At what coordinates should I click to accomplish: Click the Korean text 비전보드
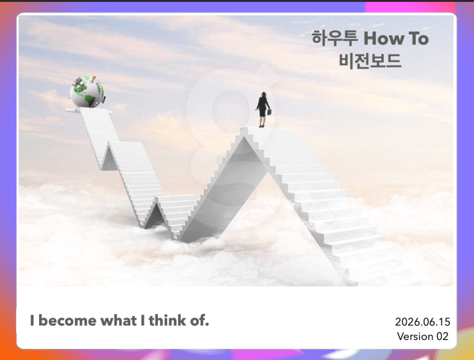click(x=370, y=60)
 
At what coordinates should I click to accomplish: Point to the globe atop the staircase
click(x=87, y=92)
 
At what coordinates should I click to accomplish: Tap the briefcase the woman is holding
click(x=269, y=112)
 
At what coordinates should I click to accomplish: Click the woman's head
click(x=264, y=95)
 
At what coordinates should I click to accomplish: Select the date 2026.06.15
click(x=423, y=322)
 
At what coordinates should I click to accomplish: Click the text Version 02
click(x=423, y=336)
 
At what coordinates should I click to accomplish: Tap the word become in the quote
click(x=68, y=320)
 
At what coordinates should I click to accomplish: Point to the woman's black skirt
click(x=262, y=112)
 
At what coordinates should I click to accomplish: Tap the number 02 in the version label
click(x=442, y=336)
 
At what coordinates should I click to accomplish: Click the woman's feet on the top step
click(x=261, y=126)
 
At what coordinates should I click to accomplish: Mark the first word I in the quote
click(x=32, y=320)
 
